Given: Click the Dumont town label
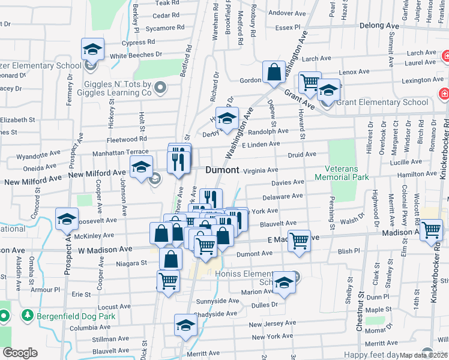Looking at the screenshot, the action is (222, 170).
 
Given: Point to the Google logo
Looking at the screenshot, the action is (20, 353).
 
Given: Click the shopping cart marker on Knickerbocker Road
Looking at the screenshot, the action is (431, 229).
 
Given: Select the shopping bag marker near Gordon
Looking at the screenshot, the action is (274, 73).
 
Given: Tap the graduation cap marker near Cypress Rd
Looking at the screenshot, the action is (92, 49).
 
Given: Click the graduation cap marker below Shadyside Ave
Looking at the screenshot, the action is (185, 326).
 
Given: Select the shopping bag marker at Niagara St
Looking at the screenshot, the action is (170, 259).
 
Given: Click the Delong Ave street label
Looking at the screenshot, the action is (379, 26).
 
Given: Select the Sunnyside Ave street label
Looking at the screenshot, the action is (218, 301).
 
